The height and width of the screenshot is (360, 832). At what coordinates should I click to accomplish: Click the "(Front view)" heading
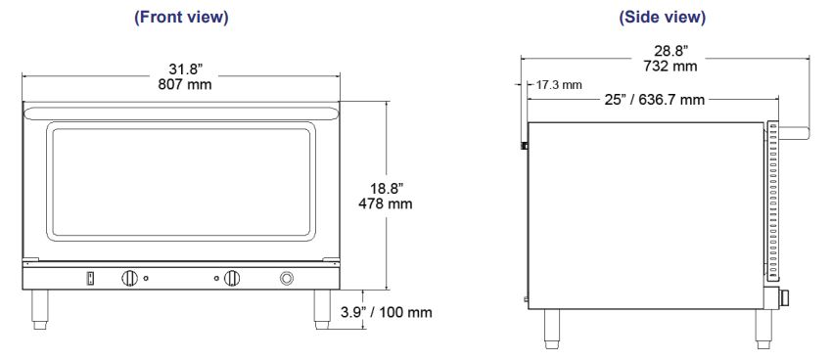181,17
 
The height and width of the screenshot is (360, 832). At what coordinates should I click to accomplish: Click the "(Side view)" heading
663,17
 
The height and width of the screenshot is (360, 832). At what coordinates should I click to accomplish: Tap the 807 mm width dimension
185,84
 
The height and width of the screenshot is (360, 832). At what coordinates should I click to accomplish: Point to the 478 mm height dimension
386,203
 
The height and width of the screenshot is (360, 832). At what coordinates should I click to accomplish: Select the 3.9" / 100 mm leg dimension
387,312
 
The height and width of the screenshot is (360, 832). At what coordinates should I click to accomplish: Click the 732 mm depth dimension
670,66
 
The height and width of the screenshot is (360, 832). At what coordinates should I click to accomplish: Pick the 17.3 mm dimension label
558,85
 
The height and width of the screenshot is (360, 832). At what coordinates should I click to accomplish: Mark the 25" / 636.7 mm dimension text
654,99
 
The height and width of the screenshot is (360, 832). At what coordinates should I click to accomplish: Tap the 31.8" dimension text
186,69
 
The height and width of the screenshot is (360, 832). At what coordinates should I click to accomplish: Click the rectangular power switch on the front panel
91,278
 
